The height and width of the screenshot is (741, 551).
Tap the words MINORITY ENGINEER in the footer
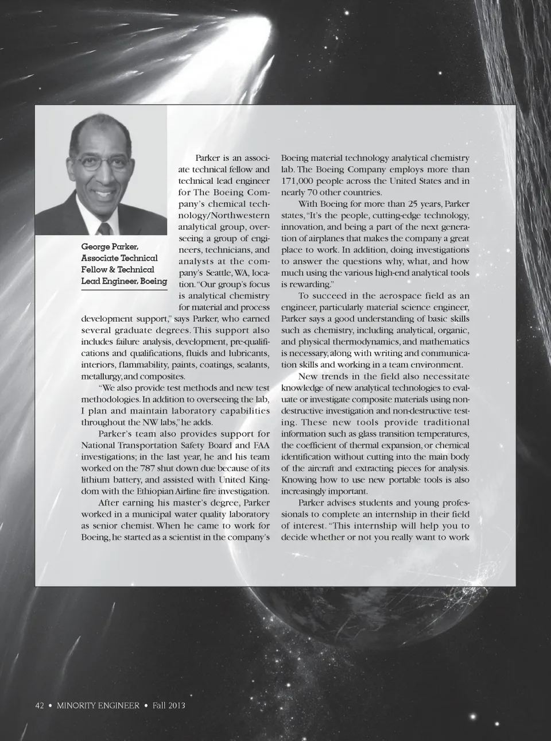pos(98,705)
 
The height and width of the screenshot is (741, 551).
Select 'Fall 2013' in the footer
pos(169,705)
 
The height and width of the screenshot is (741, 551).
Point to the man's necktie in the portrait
pos(104,228)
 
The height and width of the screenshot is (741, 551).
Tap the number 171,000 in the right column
pos(300,181)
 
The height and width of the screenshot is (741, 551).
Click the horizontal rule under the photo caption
pos(124,291)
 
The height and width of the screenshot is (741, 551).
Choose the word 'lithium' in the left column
pos(95,480)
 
